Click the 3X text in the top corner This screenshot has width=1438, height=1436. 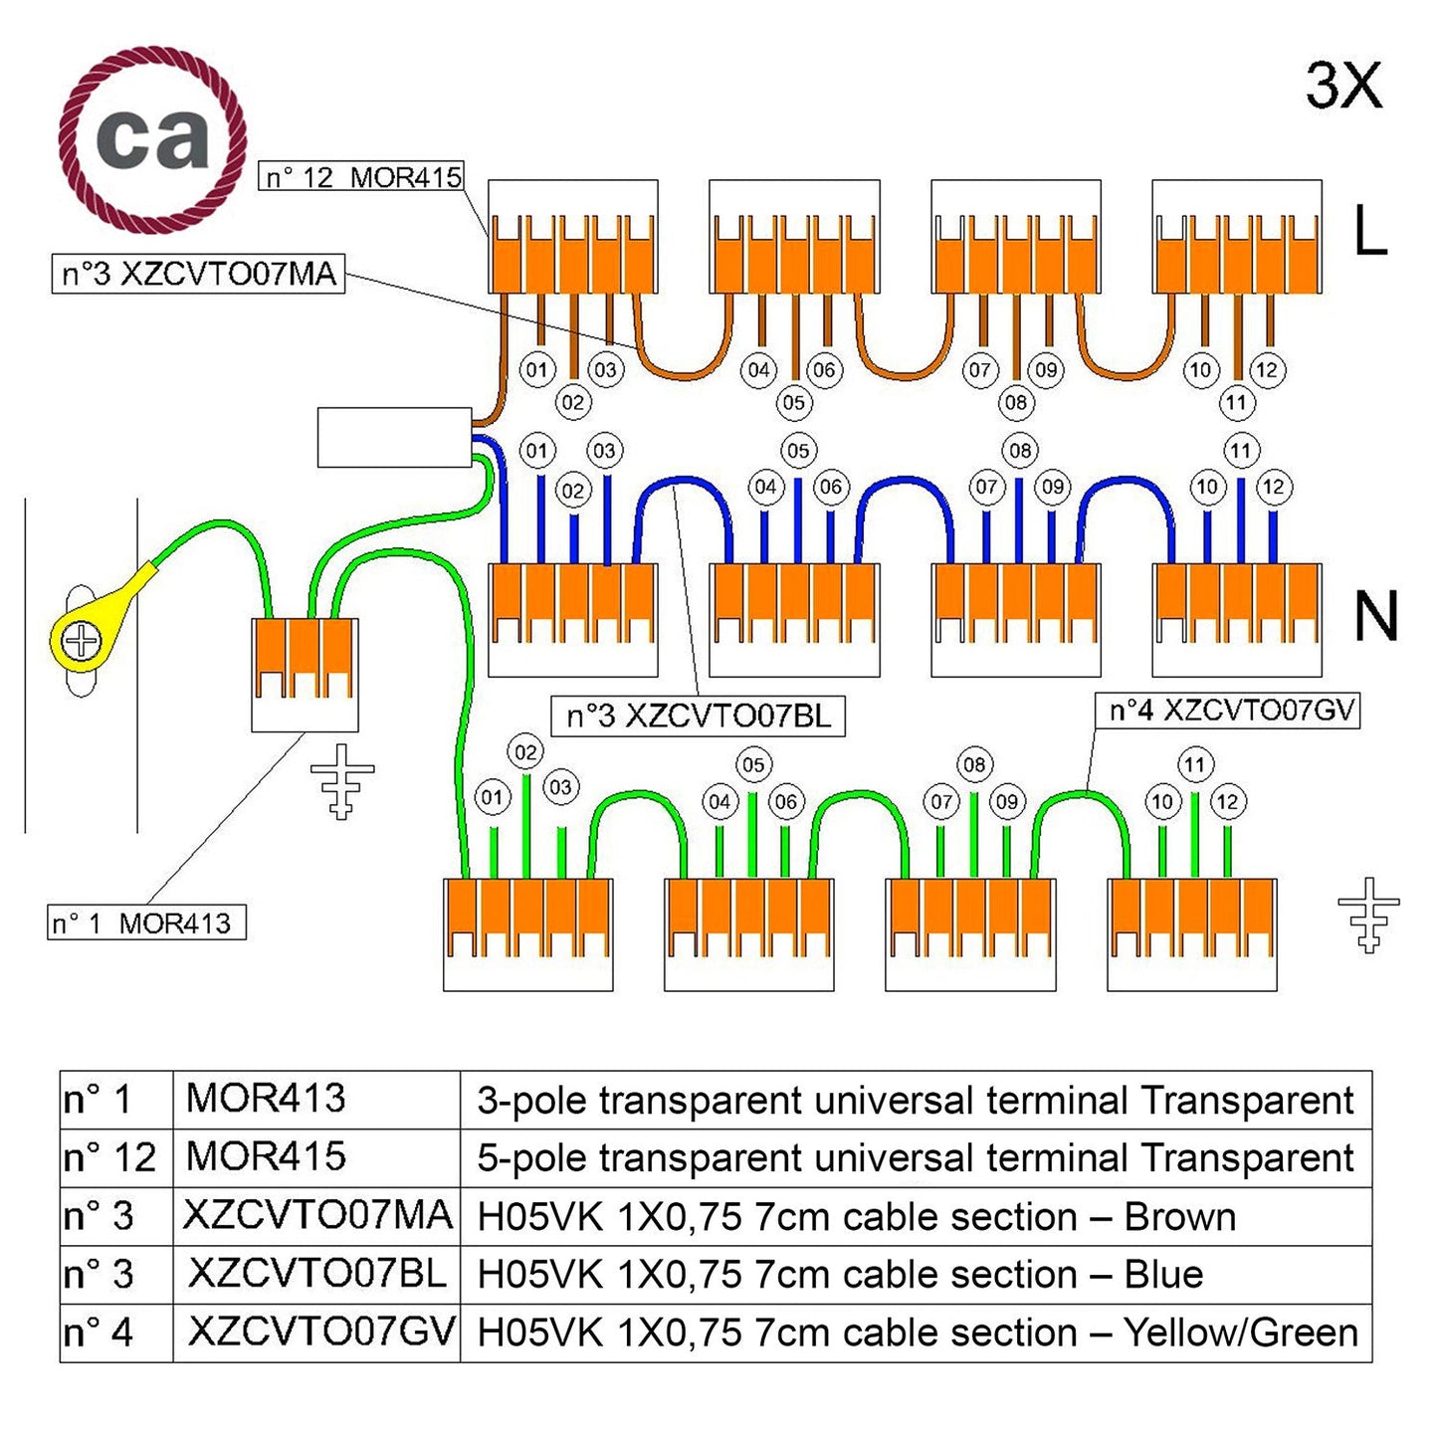point(1343,86)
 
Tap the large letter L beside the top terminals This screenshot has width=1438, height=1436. point(1370,232)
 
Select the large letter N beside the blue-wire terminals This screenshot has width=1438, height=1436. point(1376,616)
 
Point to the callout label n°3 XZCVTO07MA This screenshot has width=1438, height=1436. point(198,274)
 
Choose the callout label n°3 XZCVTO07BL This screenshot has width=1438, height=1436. point(698,717)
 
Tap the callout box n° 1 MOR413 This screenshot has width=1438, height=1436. point(146,923)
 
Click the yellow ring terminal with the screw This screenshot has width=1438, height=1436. point(83,640)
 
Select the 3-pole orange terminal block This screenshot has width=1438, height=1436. point(305,658)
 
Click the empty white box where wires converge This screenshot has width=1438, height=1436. point(394,437)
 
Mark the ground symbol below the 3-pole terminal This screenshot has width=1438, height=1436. point(341,780)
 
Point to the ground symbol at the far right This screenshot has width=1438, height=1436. point(1368,915)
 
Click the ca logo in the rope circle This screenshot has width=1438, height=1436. point(152,138)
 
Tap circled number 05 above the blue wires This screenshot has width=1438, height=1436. point(798,450)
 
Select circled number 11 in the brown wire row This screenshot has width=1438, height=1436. point(1236,402)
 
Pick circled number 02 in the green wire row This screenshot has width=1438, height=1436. point(525,752)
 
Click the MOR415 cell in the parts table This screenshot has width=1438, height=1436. point(267,1156)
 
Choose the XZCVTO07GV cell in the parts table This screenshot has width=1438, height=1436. point(320,1332)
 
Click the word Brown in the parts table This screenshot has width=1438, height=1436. point(1179,1217)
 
